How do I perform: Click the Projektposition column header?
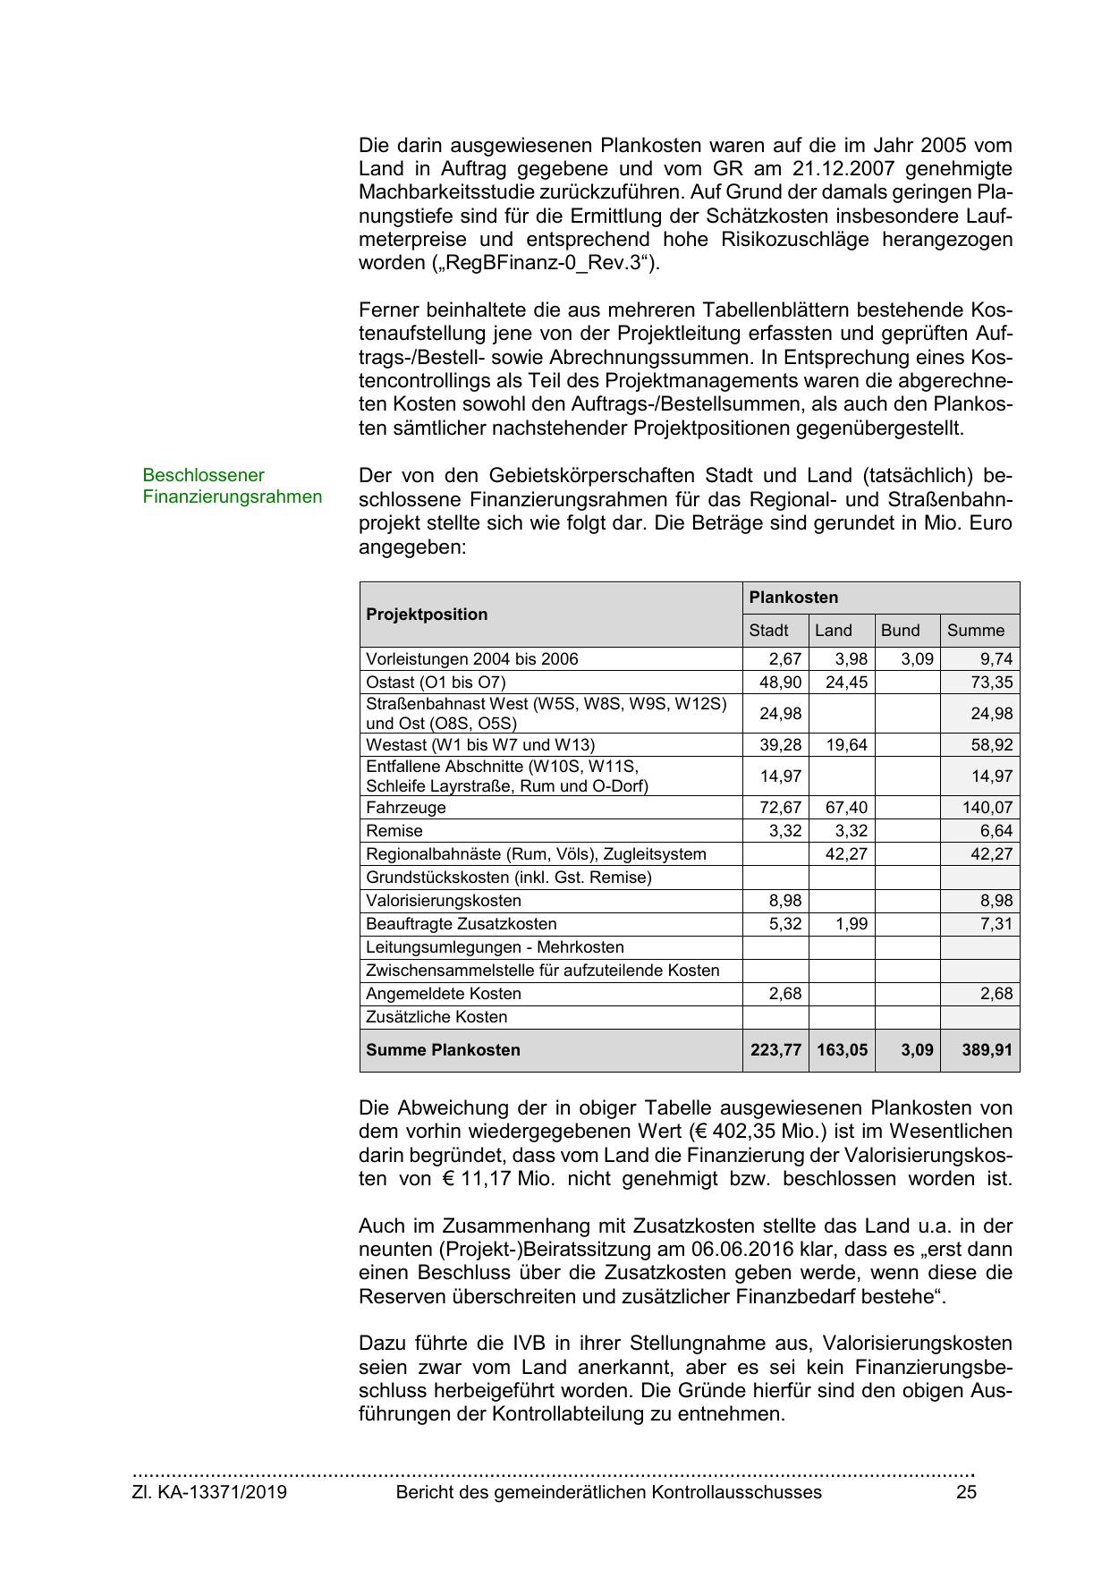pos(427,615)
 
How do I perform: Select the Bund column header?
pos(900,631)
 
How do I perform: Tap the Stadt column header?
pos(768,631)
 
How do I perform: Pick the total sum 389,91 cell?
pos(987,1050)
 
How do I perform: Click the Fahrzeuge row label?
pos(405,808)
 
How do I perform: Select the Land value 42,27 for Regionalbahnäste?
pos(846,854)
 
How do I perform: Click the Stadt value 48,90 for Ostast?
pos(780,683)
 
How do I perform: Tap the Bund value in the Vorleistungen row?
pos(916,659)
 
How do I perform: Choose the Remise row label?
pos(394,831)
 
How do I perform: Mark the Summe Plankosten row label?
pos(443,1050)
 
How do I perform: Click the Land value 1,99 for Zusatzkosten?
pos(852,924)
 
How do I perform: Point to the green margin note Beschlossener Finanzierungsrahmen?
pos(232,486)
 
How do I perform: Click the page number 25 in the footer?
pos(966,1492)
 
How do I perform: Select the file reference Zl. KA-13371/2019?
pos(209,1492)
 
